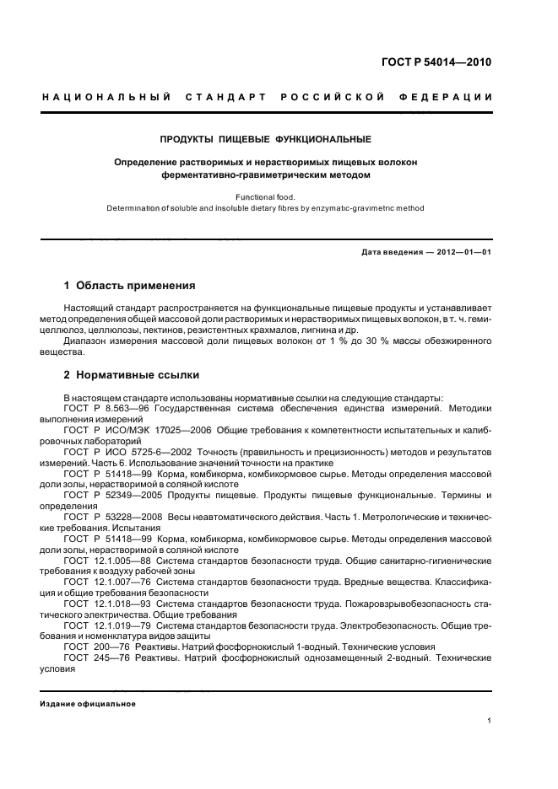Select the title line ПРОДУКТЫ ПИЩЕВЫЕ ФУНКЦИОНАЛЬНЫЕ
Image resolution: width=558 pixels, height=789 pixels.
click(266, 137)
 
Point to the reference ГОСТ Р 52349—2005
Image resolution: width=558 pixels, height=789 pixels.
click(106, 496)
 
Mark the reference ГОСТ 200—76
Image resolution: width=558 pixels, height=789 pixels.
click(90, 648)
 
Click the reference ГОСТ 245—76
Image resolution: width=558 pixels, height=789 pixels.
click(90, 659)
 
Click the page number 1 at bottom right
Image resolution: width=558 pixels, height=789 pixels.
click(490, 721)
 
